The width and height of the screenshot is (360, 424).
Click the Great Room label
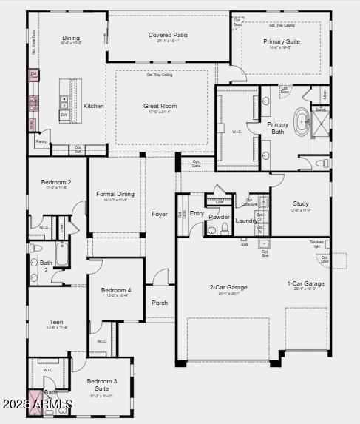click(160, 106)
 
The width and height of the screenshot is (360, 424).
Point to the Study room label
click(300, 203)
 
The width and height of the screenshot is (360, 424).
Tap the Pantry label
click(41, 141)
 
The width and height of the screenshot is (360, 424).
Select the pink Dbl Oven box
click(34, 75)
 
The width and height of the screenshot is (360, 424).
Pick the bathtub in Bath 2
click(62, 255)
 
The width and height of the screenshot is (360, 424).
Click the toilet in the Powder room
click(212, 230)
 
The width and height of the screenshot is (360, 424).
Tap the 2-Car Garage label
click(228, 287)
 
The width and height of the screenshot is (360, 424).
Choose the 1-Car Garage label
click(305, 283)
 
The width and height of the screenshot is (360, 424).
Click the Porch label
click(160, 303)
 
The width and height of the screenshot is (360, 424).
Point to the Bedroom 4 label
click(116, 290)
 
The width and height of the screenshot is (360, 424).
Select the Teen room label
click(56, 322)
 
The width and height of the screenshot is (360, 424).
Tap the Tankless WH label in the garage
click(316, 244)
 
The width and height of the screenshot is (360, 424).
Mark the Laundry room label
click(245, 221)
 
